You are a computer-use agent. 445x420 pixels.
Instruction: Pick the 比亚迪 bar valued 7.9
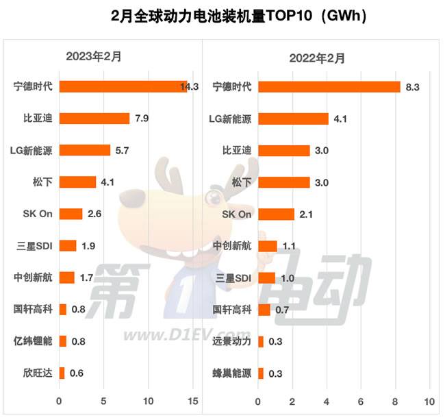pos(94,118)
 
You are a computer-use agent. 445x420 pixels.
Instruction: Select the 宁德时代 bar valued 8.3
pos(329,86)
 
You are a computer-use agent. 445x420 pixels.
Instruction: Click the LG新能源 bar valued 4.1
pos(293,119)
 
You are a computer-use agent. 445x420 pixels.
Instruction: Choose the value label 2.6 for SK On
pos(94,214)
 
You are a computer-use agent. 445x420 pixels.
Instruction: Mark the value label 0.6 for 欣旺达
pos(77,373)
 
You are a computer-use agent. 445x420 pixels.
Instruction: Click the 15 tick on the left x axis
pos(192,401)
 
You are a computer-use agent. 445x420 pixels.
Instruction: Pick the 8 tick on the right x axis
pos(396,401)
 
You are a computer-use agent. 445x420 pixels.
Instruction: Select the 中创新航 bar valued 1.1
pos(268,246)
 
